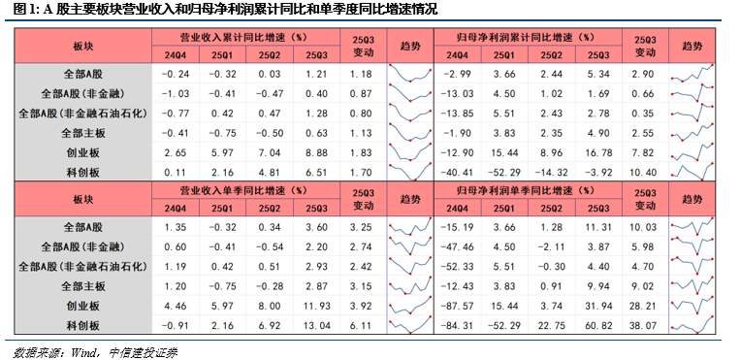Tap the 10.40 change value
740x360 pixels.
tap(642, 172)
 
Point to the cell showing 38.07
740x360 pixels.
tap(642, 325)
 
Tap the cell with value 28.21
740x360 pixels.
tap(642, 306)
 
